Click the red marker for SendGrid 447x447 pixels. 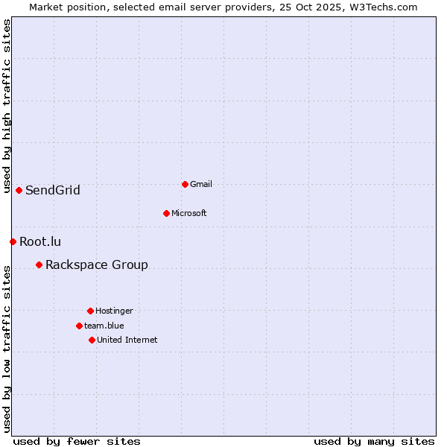point(19,190)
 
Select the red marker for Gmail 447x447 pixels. point(185,184)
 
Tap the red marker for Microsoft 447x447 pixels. point(166,213)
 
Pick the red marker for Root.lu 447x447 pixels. point(13,241)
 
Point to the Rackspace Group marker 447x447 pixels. point(39,264)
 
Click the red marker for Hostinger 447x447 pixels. point(90,311)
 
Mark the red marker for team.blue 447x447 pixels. point(79,326)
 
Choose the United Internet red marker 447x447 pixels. point(92,340)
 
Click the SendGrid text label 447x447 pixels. point(53,190)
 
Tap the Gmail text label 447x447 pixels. point(201,184)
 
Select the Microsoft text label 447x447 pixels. point(189,213)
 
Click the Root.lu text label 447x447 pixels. point(40,241)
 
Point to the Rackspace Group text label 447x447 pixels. point(97,264)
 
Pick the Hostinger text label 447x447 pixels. point(114,311)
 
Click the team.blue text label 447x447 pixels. point(104,326)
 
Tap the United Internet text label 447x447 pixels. point(127,340)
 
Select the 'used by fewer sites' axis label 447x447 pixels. point(77,441)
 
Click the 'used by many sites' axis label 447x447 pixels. point(374,441)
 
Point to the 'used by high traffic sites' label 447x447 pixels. point(7,107)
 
